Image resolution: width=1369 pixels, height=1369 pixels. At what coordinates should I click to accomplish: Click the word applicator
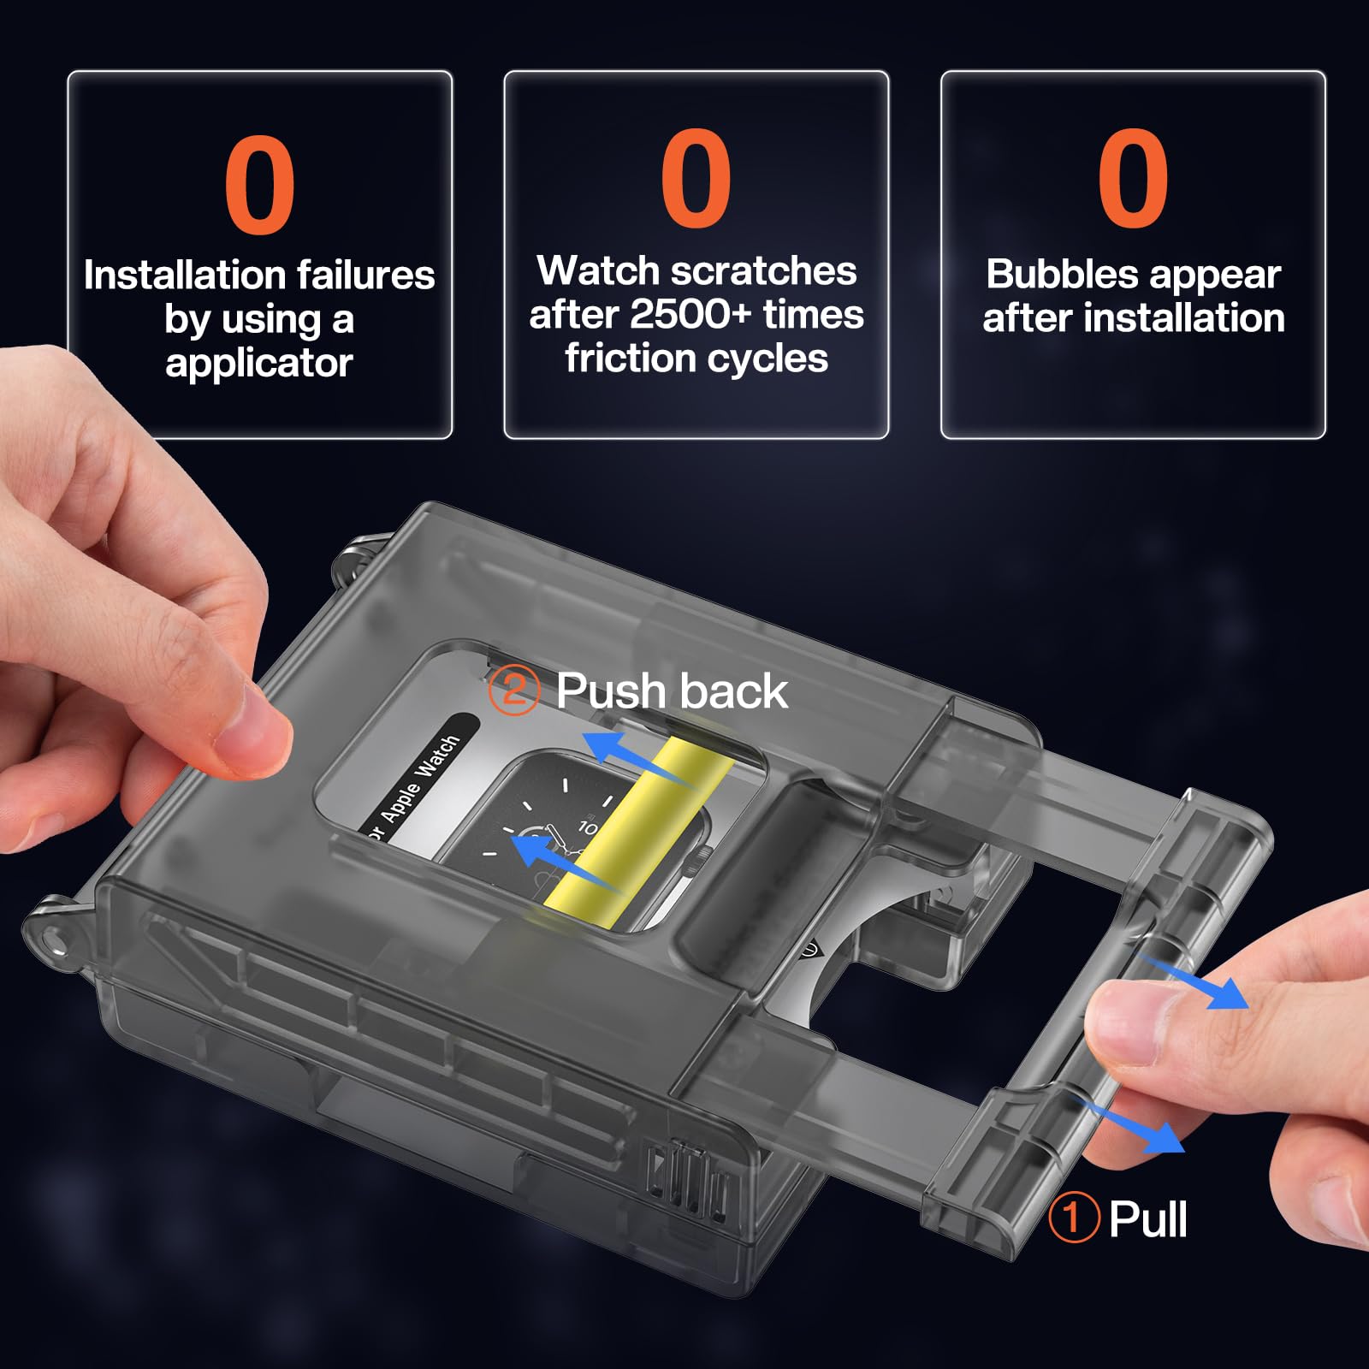(x=259, y=364)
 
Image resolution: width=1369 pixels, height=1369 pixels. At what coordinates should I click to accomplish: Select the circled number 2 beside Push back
(x=513, y=690)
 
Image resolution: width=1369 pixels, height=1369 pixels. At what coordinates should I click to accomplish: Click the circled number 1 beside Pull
(x=1073, y=1217)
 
